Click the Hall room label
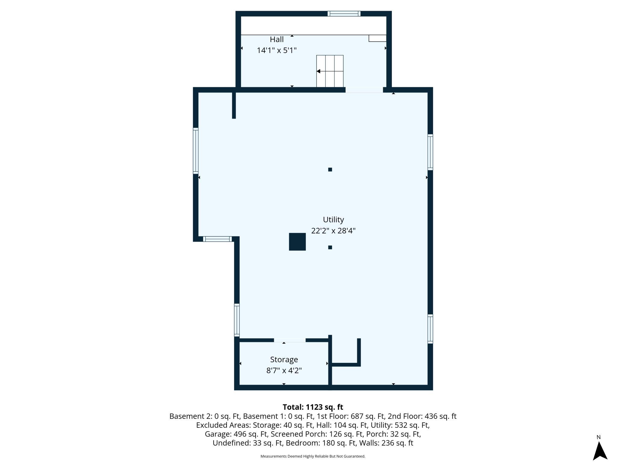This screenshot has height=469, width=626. pos(277,39)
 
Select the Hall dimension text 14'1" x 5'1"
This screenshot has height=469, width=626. pos(277,50)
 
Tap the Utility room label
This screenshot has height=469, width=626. pos(333,220)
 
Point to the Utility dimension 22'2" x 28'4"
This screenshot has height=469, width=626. pos(333,231)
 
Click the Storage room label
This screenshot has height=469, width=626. pos(284,360)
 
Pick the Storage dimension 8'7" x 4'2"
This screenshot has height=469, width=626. pos(284,370)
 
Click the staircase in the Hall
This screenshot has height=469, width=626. pos(330,71)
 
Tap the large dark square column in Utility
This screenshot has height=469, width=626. pos(297,242)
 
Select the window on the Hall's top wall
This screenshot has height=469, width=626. pos(344,14)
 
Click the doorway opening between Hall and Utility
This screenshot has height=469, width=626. pos(364,90)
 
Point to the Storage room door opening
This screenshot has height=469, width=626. pos(290,340)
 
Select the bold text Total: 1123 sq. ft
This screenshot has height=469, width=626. pos(313,407)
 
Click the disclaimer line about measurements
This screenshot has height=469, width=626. pos(313,456)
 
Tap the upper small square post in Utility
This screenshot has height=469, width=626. pos(330,170)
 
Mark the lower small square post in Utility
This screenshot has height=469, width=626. pos(330,247)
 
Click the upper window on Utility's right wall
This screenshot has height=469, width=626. pos(430,152)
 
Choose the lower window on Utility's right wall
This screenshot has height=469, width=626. pos(430,329)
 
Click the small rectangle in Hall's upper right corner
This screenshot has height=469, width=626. pos(377,38)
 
